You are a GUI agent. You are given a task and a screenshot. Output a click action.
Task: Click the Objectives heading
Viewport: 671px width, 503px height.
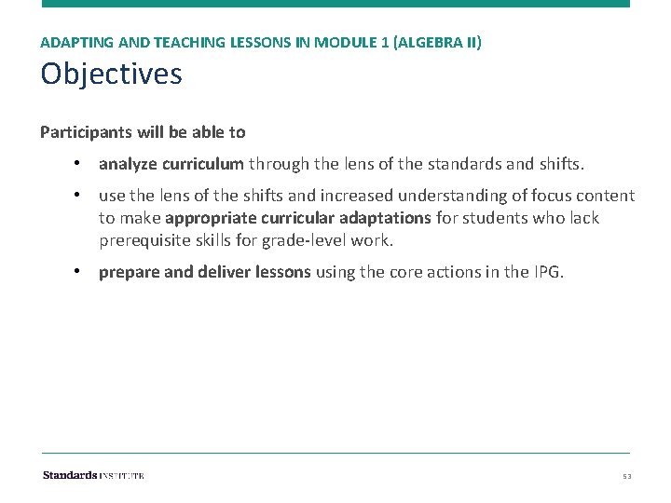click(111, 75)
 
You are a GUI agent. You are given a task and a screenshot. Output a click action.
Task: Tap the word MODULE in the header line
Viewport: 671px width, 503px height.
click(342, 43)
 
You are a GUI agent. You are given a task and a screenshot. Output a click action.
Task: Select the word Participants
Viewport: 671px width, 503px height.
click(81, 132)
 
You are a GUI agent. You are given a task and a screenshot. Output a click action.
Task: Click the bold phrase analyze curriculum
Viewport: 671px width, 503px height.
click(171, 165)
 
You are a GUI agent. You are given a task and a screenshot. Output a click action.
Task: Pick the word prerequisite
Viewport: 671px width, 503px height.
click(144, 240)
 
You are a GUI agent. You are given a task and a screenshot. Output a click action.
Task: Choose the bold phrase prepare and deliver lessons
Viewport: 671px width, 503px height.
click(205, 273)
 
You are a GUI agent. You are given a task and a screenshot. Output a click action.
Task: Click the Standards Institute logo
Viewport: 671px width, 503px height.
click(93, 475)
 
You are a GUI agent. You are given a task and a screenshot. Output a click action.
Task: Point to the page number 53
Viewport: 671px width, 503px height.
click(628, 476)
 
